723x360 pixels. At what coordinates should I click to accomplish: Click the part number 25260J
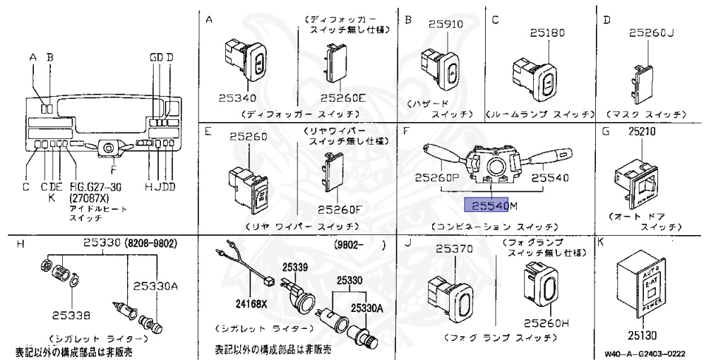click(652, 32)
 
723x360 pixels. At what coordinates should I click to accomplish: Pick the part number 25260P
click(441, 179)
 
